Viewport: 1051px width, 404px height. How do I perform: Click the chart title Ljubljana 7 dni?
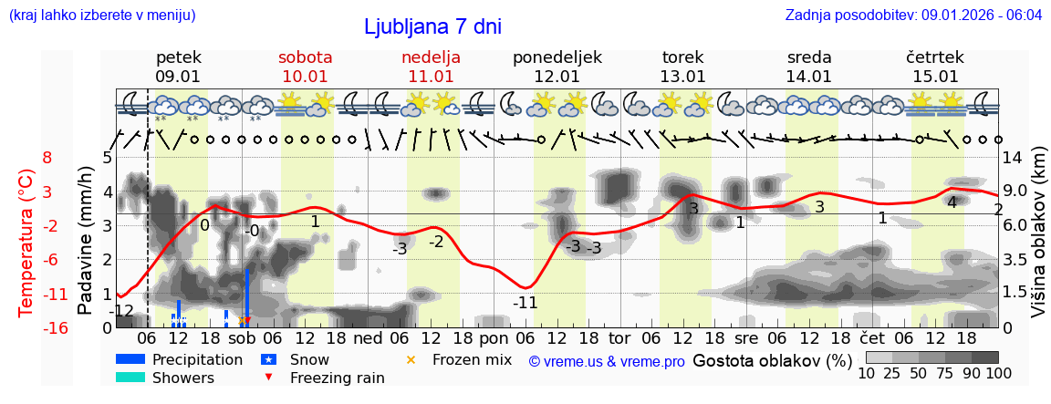pyautogui.click(x=432, y=26)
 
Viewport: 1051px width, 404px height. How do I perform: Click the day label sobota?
pyautogui.click(x=305, y=57)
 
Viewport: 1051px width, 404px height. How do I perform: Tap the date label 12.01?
pyautogui.click(x=557, y=77)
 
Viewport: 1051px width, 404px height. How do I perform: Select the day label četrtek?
pyautogui.click(x=935, y=57)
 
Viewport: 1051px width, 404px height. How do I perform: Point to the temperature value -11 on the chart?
pyautogui.click(x=525, y=303)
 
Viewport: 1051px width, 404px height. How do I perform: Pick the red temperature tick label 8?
pyautogui.click(x=47, y=158)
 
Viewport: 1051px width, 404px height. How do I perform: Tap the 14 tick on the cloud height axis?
pyautogui.click(x=1014, y=158)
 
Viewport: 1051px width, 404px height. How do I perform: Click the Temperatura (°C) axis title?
pyautogui.click(x=26, y=241)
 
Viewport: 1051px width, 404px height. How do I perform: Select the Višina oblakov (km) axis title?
pyautogui.click(x=1039, y=241)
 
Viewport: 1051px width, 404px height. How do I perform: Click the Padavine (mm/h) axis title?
pyautogui.click(x=86, y=241)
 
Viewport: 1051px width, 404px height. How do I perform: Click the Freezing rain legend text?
pyautogui.click(x=337, y=378)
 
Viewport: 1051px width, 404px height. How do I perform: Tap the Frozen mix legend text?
pyautogui.click(x=472, y=359)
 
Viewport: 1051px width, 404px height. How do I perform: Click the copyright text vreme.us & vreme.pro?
pyautogui.click(x=607, y=362)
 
